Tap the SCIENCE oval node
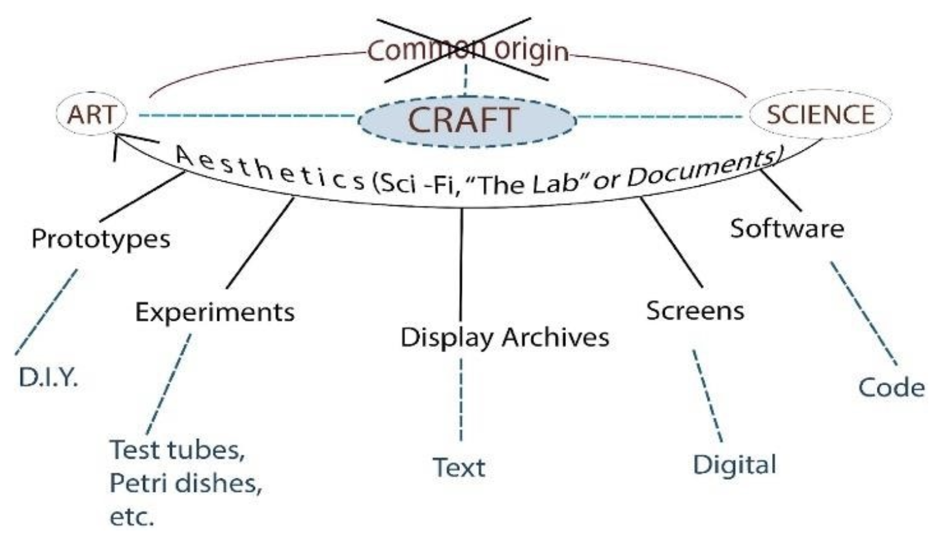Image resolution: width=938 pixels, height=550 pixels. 820,115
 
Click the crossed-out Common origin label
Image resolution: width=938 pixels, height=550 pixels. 467,50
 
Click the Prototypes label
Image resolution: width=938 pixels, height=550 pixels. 101,239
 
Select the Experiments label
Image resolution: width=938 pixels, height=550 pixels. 215,312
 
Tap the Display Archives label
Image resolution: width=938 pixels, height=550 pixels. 505,337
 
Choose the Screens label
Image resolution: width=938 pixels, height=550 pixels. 695,310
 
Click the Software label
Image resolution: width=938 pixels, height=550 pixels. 786,228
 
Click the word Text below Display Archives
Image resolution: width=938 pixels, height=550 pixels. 459,467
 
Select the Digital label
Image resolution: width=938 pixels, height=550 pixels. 734,465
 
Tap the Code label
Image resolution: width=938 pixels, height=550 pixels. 891,387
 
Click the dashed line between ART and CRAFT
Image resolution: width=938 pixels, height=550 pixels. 247,117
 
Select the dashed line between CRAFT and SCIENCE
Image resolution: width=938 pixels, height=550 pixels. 660,117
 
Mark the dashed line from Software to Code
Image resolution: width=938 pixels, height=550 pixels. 863,312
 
